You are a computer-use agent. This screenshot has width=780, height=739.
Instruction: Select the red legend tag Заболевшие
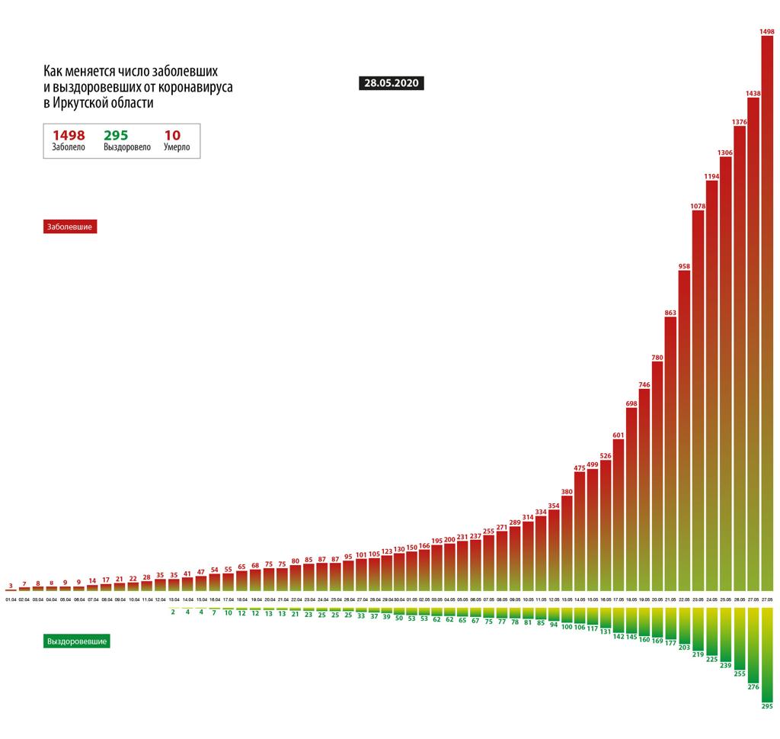click(x=71, y=227)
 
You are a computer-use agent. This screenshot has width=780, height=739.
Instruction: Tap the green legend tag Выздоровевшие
click(x=77, y=641)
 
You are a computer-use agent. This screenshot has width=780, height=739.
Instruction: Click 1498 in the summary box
click(x=68, y=135)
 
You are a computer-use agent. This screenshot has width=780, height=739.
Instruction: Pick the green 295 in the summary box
click(x=116, y=135)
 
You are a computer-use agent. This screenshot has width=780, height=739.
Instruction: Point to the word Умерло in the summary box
click(x=177, y=147)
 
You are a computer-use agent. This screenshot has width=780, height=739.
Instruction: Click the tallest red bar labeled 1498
click(x=767, y=313)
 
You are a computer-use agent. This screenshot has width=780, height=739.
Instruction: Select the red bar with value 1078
click(x=698, y=400)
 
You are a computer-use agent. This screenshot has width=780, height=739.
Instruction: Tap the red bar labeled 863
click(x=671, y=454)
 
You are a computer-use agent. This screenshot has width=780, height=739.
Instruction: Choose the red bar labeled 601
click(x=619, y=515)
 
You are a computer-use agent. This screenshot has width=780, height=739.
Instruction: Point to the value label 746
click(x=644, y=385)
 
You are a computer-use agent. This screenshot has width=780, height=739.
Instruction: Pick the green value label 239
click(x=725, y=666)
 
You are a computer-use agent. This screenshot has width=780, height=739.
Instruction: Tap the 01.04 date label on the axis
click(x=11, y=601)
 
